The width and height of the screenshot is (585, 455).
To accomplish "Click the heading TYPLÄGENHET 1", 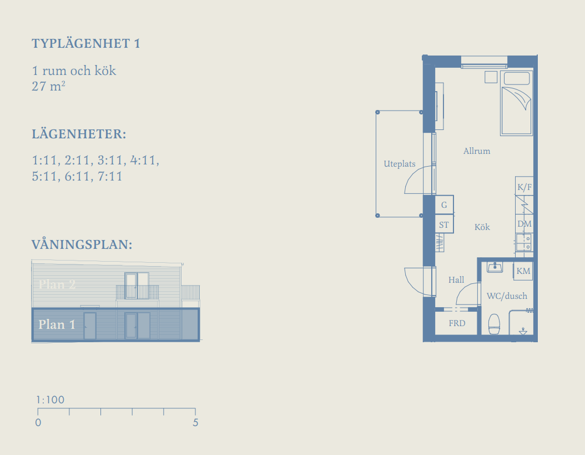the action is click(86, 43).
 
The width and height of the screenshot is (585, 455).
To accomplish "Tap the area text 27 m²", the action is click(48, 86).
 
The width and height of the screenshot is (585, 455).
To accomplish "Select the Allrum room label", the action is click(477, 151).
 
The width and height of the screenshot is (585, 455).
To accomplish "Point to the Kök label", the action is click(482, 227).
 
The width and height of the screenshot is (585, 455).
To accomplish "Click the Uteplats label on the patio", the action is click(400, 164).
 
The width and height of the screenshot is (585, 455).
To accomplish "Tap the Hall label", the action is click(456, 280).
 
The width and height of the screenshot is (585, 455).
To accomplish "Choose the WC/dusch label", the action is click(507, 296).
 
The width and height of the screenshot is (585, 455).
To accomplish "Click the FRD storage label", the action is click(457, 323).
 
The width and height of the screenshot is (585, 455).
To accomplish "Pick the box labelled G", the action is click(445, 204).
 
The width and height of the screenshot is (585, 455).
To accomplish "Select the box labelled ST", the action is click(445, 224).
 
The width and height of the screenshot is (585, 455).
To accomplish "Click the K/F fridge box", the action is click(524, 186).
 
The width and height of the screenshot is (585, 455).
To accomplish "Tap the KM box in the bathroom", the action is click(523, 271).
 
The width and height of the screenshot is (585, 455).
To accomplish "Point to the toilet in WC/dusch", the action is click(494, 324).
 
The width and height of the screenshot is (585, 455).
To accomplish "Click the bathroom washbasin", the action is click(495, 267).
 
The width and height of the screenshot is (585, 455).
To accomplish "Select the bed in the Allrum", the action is click(516, 103).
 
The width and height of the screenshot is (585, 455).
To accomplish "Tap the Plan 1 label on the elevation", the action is click(57, 324).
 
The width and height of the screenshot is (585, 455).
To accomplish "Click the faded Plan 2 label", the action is click(57, 284).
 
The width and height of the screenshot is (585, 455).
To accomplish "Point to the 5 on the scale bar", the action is click(195, 422).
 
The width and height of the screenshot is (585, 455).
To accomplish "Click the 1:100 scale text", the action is click(51, 399).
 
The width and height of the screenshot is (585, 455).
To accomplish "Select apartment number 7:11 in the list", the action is click(110, 176).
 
